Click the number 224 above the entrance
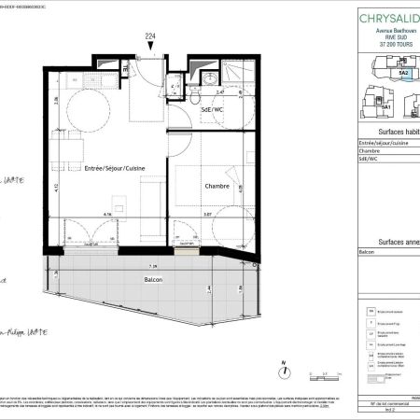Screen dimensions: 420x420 click(149, 36)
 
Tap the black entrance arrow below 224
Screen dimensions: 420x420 click(149, 47)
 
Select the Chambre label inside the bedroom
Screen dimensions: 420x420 click(217, 186)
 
